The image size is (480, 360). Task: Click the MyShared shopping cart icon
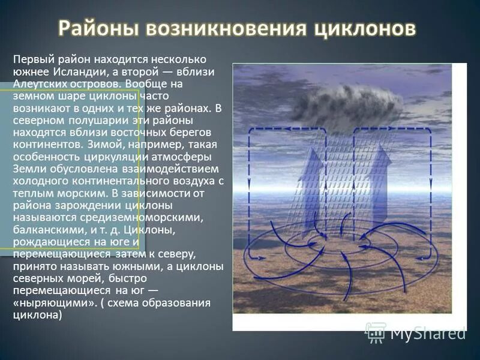pyautogui.click(x=376, y=331)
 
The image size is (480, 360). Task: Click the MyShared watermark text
pyautogui.click(x=427, y=332)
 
